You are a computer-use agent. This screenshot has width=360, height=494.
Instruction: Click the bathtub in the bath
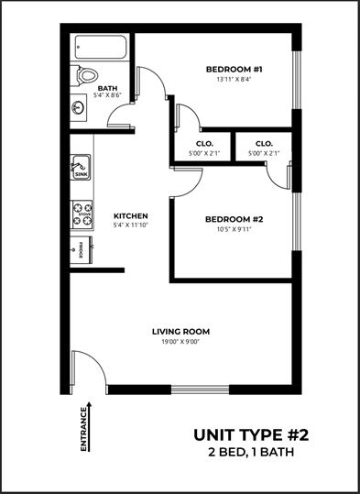101,47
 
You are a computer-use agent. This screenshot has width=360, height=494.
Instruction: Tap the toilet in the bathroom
84,75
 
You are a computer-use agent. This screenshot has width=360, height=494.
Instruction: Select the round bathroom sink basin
78,107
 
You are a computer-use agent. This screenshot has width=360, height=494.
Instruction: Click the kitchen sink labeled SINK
81,167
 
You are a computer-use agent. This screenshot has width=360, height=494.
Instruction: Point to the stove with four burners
82,214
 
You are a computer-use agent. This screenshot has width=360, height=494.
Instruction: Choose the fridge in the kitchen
82,250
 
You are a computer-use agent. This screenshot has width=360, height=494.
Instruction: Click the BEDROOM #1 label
234,69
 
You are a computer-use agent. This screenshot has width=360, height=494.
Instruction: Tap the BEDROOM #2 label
234,219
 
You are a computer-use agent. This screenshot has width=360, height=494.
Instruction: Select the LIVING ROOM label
180,332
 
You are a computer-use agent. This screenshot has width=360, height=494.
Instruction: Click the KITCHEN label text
131,216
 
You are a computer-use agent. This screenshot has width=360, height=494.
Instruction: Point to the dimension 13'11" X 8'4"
235,80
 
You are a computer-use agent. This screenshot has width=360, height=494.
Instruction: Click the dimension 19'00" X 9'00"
180,342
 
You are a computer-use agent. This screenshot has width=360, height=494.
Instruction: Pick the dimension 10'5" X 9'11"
234,229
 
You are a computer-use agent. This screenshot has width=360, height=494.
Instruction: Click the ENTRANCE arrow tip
90,402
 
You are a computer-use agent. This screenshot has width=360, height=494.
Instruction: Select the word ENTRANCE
83,430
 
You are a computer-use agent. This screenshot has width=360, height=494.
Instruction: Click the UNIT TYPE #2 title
251,435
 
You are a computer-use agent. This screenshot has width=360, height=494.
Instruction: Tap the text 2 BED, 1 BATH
251,453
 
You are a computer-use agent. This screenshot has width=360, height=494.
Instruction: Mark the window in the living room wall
200,390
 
